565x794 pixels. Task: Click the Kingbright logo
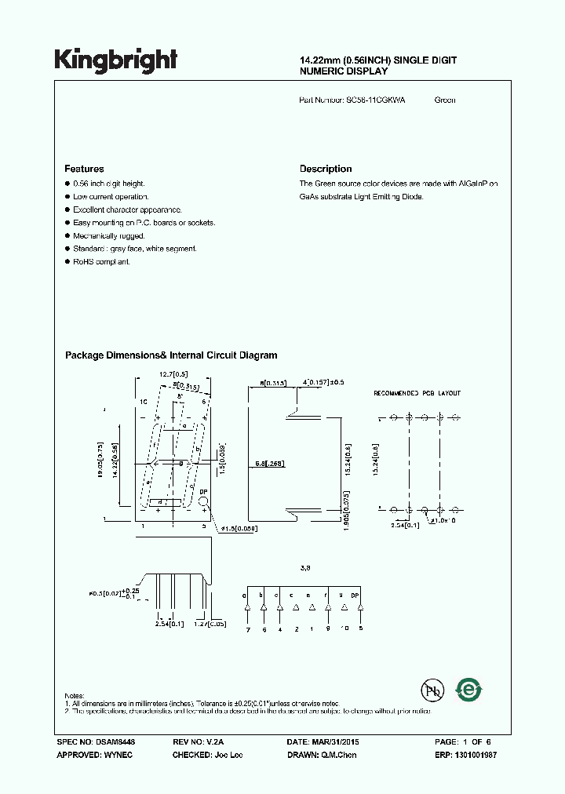115,60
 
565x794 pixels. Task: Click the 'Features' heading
84,169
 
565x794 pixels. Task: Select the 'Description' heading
326,169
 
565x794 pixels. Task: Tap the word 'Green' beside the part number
445,100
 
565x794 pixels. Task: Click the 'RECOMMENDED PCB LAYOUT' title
417,392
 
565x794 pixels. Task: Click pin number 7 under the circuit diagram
247,628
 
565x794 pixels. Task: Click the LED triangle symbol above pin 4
279,607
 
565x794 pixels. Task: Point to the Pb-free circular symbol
431,691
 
